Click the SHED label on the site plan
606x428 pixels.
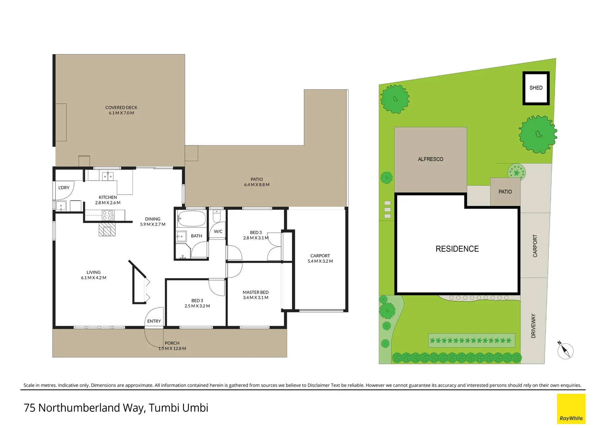pyautogui.click(x=535, y=88)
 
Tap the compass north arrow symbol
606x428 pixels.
pyautogui.click(x=565, y=351)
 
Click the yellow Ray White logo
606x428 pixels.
pyautogui.click(x=571, y=409)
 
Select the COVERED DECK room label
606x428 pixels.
pyautogui.click(x=121, y=107)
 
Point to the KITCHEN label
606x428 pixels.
pyautogui.click(x=108, y=197)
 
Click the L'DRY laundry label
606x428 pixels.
pyautogui.click(x=64, y=187)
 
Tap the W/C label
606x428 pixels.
pyautogui.click(x=218, y=231)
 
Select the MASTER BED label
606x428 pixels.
pyautogui.click(x=255, y=292)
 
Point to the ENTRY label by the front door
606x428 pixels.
pyautogui.click(x=154, y=321)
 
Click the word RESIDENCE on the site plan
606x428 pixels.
pyautogui.click(x=457, y=249)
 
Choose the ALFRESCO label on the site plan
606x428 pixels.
pyautogui.click(x=430, y=159)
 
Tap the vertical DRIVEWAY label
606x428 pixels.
pyautogui.click(x=533, y=326)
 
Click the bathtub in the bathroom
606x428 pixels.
pyautogui.click(x=192, y=218)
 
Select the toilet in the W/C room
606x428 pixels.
pyautogui.click(x=217, y=217)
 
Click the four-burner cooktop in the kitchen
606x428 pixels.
pyautogui.click(x=107, y=215)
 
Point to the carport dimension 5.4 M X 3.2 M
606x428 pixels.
pyautogui.click(x=320, y=261)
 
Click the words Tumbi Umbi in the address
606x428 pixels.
pyautogui.click(x=178, y=408)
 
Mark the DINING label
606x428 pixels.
pyautogui.click(x=153, y=219)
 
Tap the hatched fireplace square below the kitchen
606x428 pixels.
pyautogui.click(x=107, y=229)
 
